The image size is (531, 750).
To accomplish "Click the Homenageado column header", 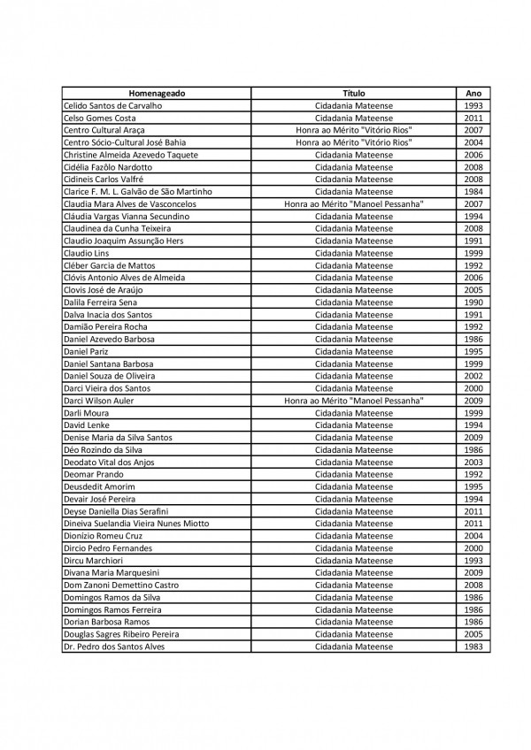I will click(x=157, y=93).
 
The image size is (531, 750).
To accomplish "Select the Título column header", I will click(x=353, y=93).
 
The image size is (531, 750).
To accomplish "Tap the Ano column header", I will click(x=473, y=93).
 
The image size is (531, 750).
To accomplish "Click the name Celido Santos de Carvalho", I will click(x=112, y=105).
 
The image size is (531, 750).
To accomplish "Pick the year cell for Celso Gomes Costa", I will click(x=473, y=118).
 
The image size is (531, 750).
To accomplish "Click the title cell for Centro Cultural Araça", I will click(x=353, y=130).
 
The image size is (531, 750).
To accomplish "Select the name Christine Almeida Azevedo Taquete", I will click(x=131, y=155).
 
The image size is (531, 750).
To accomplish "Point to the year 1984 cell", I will click(x=473, y=192).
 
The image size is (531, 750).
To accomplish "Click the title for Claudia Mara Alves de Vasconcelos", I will click(x=353, y=204).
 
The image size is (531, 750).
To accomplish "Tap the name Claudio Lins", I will click(x=87, y=253).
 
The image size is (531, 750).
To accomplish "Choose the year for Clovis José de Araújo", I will click(x=473, y=290).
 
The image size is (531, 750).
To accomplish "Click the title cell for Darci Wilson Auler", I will click(x=353, y=401).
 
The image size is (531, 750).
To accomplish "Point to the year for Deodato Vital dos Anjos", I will click(x=473, y=463).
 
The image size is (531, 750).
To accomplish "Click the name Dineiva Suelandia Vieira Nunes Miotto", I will click(x=136, y=524).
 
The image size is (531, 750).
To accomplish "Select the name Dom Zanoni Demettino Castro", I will click(x=120, y=585).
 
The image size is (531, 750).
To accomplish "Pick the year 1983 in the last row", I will click(x=473, y=647).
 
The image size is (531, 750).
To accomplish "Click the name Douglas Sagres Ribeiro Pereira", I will click(x=121, y=634).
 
